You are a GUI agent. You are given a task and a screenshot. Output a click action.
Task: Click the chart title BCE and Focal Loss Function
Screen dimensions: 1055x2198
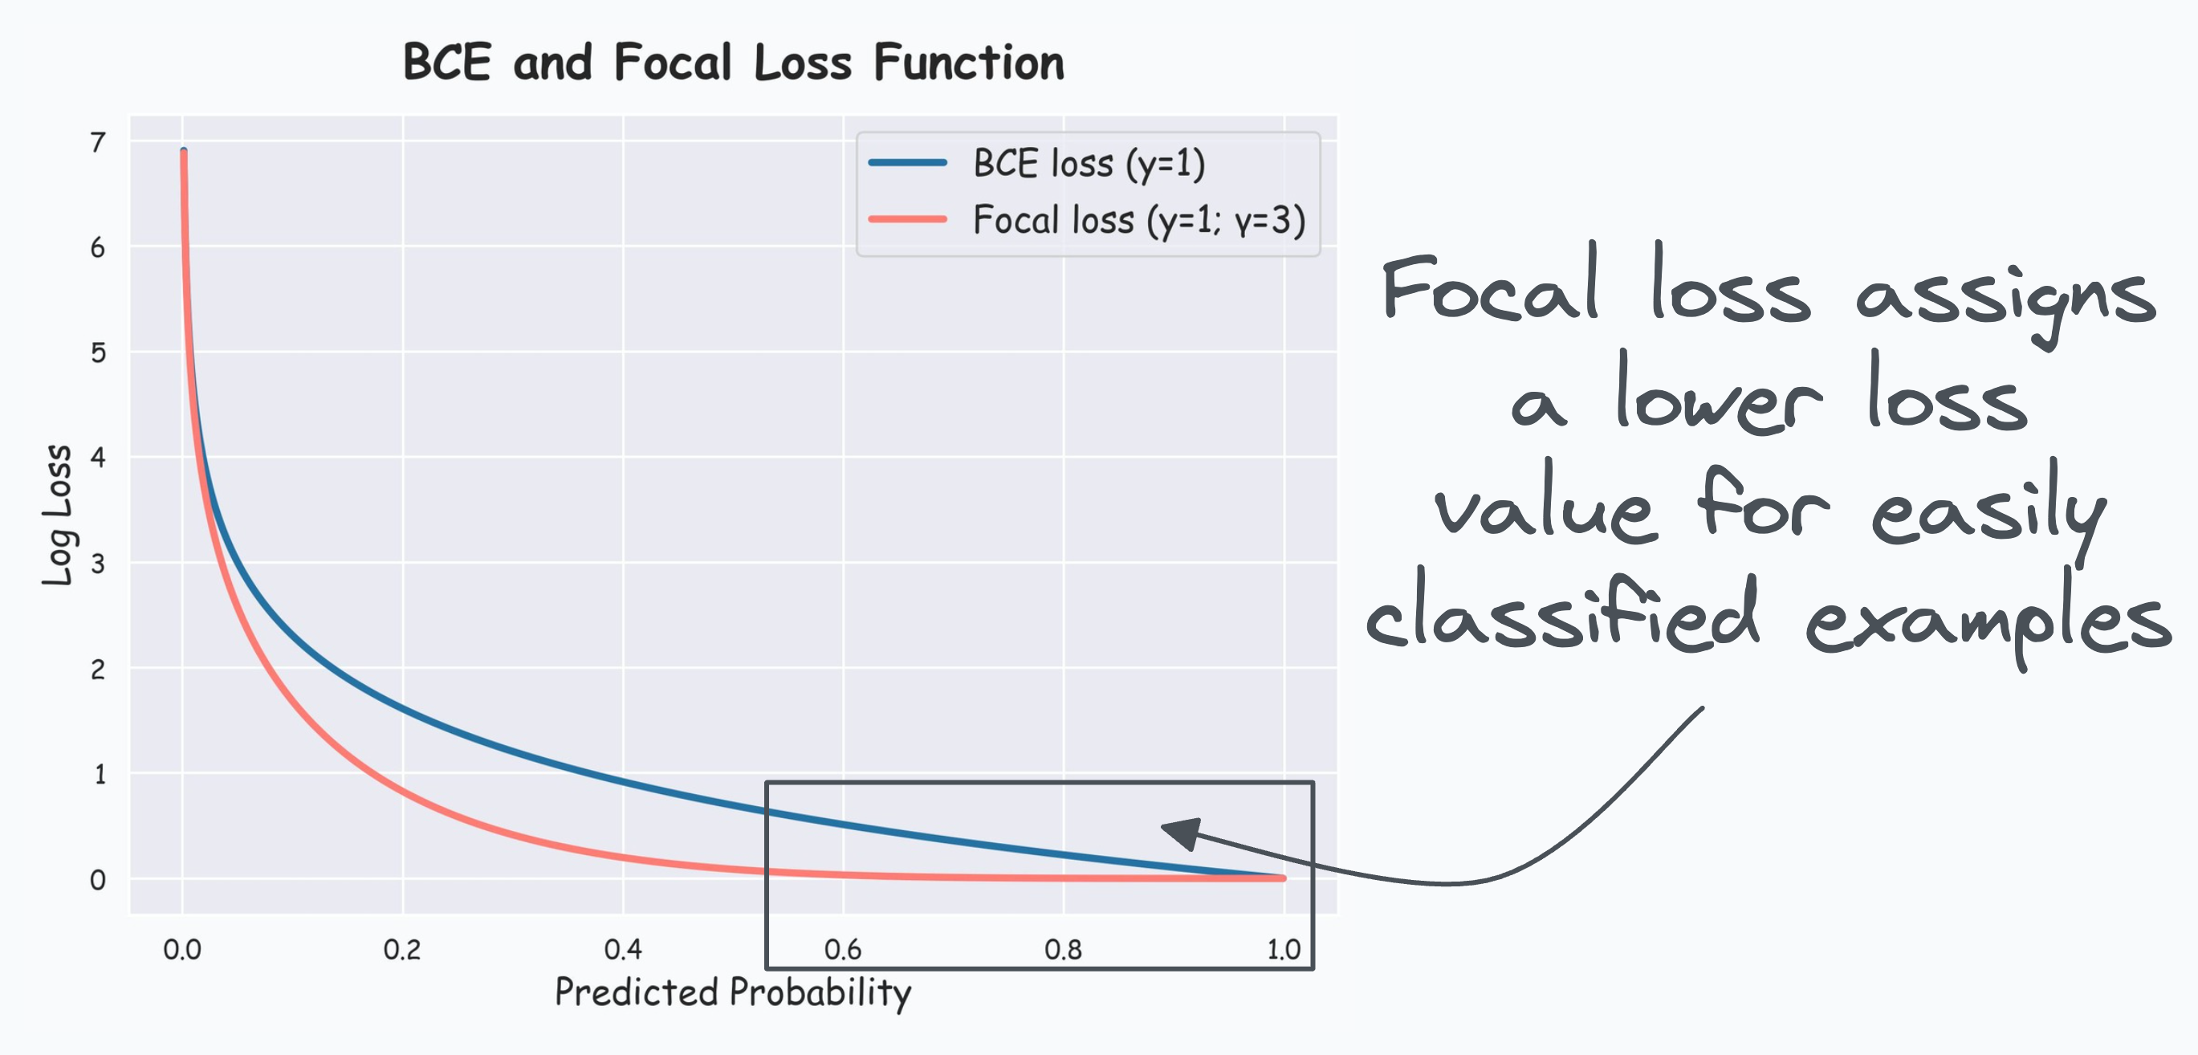click(x=733, y=63)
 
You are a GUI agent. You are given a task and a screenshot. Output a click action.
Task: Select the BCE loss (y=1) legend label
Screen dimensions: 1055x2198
click(x=1089, y=163)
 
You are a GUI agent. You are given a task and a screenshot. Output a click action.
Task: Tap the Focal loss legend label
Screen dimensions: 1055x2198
click(x=1138, y=220)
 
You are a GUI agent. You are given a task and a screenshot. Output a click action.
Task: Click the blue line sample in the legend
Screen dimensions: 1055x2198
click(x=907, y=162)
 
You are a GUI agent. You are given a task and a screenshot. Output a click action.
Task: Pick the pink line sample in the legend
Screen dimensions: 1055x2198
click(x=907, y=219)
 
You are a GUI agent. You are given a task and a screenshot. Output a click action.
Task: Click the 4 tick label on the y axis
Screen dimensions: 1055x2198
click(x=98, y=458)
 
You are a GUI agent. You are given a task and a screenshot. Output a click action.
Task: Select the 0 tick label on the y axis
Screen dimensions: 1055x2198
click(x=98, y=880)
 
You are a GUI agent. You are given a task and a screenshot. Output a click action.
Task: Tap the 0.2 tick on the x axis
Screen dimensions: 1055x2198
click(x=402, y=949)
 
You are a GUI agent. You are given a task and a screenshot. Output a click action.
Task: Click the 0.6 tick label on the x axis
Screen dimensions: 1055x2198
click(x=842, y=949)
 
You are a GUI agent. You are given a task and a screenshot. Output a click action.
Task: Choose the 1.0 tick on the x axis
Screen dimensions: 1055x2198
click(x=1283, y=949)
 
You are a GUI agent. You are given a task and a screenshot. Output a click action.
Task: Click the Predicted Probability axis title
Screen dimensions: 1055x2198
click(x=733, y=992)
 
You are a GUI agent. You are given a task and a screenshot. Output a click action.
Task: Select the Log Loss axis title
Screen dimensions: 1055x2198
click(x=58, y=515)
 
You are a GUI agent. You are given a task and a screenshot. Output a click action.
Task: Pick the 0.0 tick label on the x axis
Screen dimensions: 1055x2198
click(x=181, y=949)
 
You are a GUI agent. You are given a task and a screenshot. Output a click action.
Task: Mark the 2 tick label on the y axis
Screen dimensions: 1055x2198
click(x=98, y=669)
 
